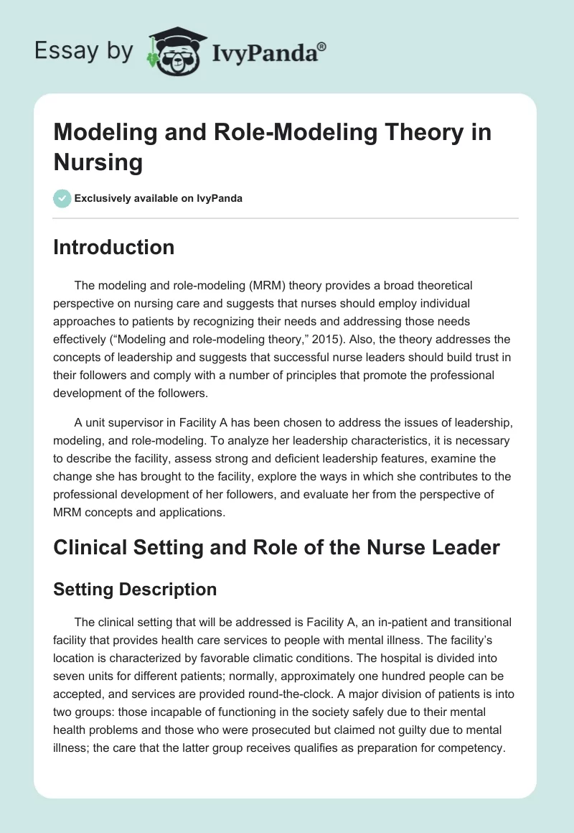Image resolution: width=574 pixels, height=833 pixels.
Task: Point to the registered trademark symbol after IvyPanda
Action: [x=322, y=46]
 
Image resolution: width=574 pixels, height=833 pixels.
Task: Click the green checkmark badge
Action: [x=62, y=198]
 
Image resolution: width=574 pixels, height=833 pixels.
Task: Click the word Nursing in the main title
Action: [x=98, y=162]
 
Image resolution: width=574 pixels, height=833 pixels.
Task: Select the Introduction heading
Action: [x=114, y=247]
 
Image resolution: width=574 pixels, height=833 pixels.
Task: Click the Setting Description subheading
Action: [x=135, y=589]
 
